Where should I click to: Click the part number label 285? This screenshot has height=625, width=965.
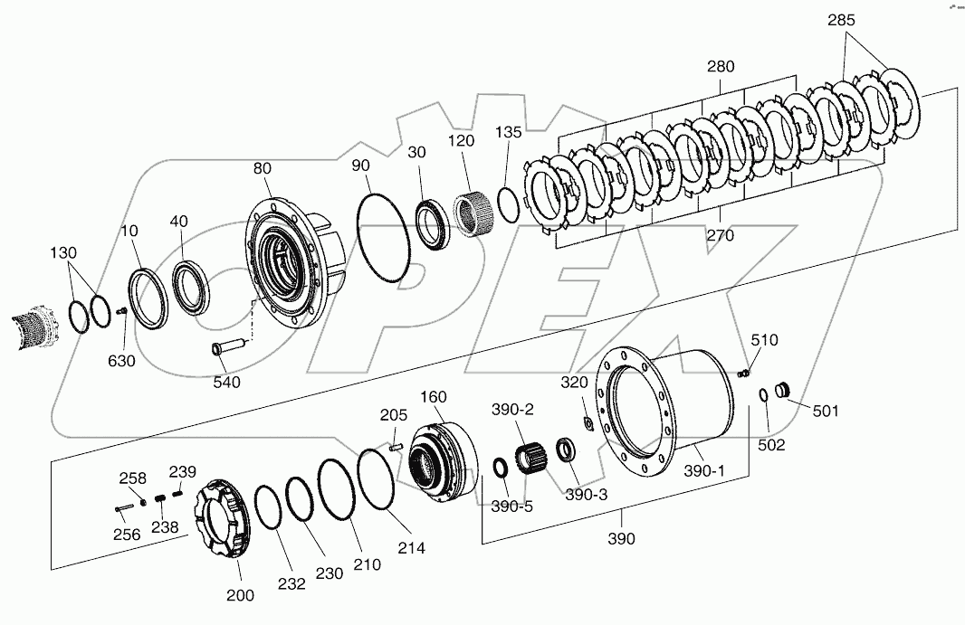pos(840,20)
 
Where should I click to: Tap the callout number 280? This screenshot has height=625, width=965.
pos(721,66)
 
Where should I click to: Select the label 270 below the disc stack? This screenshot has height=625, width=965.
pos(721,236)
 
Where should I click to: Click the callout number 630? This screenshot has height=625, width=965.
pos(120,361)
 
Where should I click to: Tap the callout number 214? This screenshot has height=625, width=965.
pos(411,548)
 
